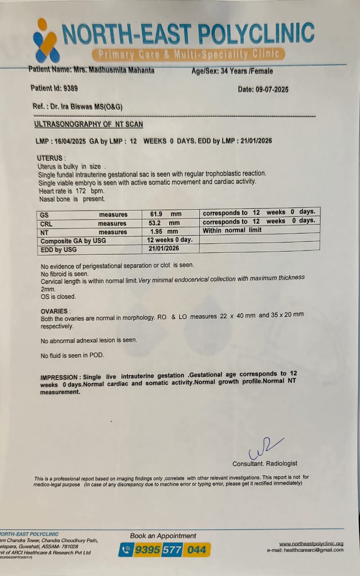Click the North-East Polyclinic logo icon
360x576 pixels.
45,41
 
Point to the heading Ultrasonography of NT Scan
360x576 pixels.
89,124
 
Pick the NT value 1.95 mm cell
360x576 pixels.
163,232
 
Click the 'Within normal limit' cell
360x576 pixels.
232,230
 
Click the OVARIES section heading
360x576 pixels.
54,311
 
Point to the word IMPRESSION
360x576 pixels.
61,377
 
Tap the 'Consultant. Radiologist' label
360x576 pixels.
265,463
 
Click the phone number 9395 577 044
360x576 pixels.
171,549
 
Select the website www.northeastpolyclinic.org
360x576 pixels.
311,544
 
